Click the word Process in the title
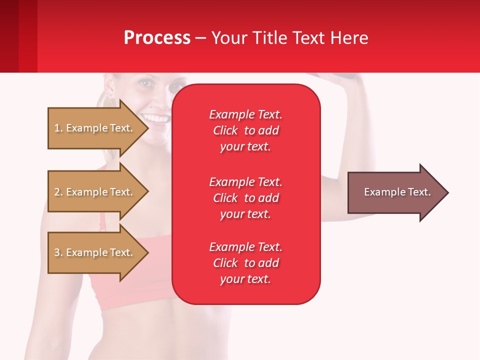tap(157, 38)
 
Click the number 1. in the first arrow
tap(58, 128)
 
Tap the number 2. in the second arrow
tap(58, 192)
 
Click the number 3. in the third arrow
tap(58, 252)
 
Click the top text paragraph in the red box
tap(245, 130)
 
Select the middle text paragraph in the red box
tap(245, 197)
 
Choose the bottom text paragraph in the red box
tap(245, 263)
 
